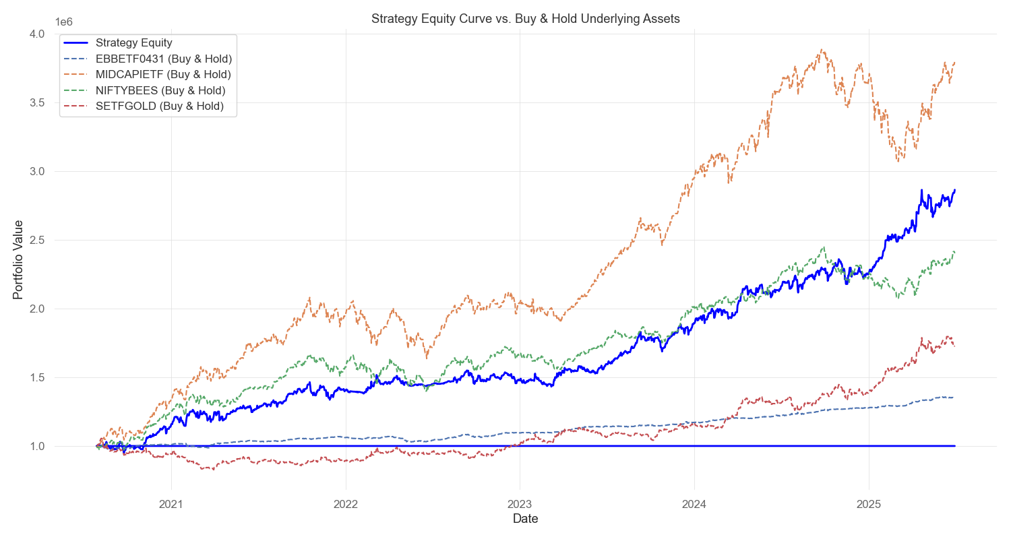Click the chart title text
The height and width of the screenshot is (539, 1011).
point(526,19)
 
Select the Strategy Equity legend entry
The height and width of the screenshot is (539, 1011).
point(133,43)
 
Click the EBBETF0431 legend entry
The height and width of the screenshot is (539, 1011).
point(163,59)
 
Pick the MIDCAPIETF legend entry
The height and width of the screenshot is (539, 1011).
point(163,74)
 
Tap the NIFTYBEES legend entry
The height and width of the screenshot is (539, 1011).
point(160,90)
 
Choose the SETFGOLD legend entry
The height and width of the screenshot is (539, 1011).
point(160,106)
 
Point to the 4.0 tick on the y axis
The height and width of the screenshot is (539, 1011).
point(37,34)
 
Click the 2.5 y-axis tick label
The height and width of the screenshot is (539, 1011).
point(37,240)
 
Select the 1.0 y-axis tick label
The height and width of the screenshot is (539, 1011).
point(37,446)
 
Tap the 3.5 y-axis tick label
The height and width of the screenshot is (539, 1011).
point(37,102)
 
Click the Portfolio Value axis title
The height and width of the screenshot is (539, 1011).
point(18,259)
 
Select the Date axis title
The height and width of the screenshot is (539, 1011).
point(526,519)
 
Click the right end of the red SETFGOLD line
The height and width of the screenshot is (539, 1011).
point(954,345)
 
